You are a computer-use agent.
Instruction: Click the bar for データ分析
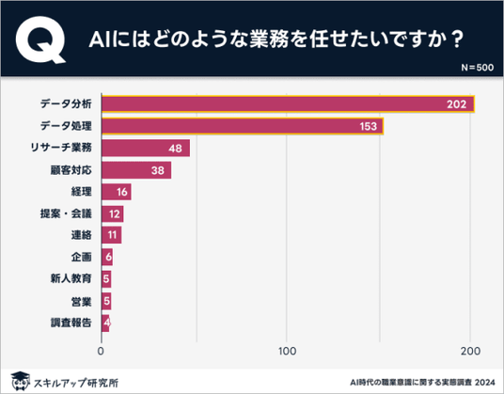coord(288,104)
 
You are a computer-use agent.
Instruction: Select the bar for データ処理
coord(243,126)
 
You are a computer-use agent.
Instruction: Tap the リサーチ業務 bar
coord(146,149)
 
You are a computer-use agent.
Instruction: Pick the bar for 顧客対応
coord(136,170)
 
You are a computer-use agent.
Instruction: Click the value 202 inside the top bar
coord(456,104)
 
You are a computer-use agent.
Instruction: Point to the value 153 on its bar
coord(368,126)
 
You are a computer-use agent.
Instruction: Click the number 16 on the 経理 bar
coord(122,192)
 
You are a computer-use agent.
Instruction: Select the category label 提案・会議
coord(66,213)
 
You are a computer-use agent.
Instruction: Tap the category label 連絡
coord(81,235)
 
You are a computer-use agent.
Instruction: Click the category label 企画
coord(81,257)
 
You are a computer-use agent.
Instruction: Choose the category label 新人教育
coord(71,278)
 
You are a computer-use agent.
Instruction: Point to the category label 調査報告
coord(71,323)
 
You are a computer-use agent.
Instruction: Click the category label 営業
coord(81,302)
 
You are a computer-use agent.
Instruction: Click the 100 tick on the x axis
coord(287,351)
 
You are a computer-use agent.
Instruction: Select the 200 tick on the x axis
coord(470,351)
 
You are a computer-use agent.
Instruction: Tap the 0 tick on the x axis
coord(101,351)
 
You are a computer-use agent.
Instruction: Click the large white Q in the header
coord(40,39)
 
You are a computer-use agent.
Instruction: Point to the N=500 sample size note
coord(478,68)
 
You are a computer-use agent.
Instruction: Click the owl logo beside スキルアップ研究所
coord(21,381)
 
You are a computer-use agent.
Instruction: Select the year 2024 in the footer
coord(485,383)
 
